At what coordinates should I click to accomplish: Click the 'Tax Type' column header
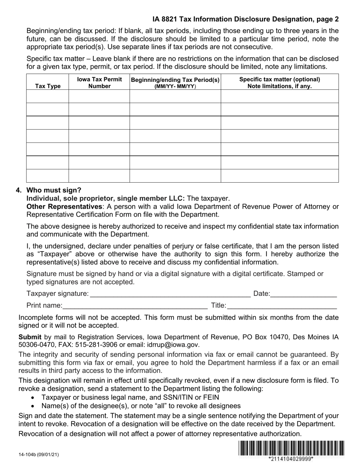pyautogui.click(x=48, y=86)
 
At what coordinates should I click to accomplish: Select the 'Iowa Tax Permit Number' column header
pyautogui.click(x=99, y=83)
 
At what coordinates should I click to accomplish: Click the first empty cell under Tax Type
pyautogui.click(x=48, y=96)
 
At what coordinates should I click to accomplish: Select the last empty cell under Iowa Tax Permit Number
pyautogui.click(x=99, y=176)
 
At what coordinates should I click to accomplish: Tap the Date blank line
pyautogui.click(x=304, y=294)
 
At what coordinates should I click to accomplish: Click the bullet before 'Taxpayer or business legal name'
pyautogui.click(x=34, y=397)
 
